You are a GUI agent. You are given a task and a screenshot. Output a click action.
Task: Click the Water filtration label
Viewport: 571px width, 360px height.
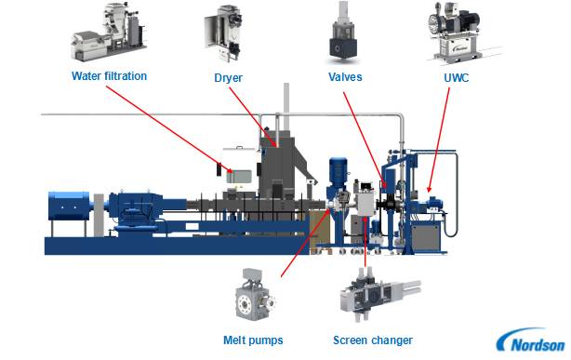(x=109, y=76)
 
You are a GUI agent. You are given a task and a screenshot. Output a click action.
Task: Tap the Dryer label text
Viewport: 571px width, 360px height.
(x=229, y=78)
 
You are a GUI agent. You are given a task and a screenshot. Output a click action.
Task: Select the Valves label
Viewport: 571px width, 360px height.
(x=345, y=77)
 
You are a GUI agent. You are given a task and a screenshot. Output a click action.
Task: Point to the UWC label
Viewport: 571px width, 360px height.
(x=457, y=77)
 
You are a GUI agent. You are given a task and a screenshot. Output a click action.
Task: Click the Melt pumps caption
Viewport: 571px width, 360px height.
(x=253, y=340)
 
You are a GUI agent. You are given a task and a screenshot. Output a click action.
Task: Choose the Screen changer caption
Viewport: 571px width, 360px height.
(x=373, y=340)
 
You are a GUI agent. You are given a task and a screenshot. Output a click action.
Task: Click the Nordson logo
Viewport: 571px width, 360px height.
(x=532, y=340)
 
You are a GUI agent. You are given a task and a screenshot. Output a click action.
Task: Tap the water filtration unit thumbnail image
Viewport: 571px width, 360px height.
(x=109, y=32)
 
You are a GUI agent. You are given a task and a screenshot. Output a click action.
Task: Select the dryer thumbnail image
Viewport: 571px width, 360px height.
(x=223, y=33)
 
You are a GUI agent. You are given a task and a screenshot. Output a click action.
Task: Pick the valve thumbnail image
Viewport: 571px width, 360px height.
(x=343, y=33)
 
